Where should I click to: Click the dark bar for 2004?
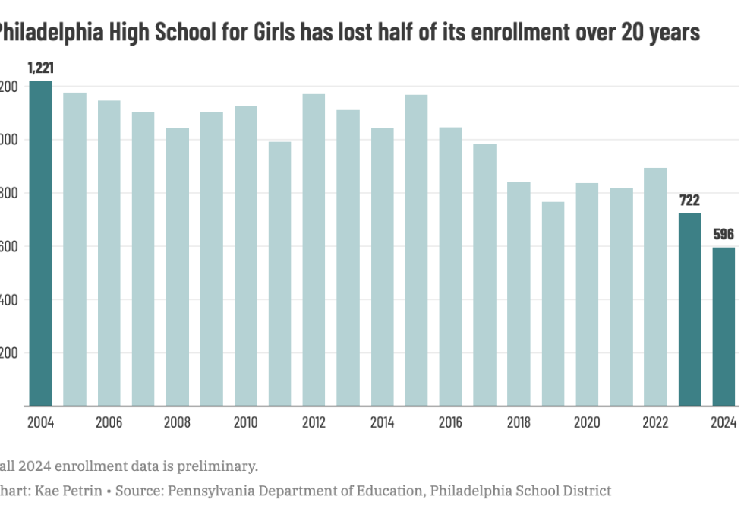click(x=40, y=243)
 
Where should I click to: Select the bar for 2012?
click(x=314, y=250)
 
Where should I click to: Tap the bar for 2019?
click(x=553, y=304)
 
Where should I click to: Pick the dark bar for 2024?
click(x=724, y=327)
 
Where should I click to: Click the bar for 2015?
click(x=416, y=250)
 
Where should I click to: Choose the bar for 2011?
click(x=279, y=273)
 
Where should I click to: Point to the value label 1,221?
click(x=40, y=68)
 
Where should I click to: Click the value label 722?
click(x=689, y=201)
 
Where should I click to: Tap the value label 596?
click(x=724, y=235)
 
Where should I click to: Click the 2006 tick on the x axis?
click(x=109, y=422)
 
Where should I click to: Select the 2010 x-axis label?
click(x=245, y=422)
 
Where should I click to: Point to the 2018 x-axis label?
click(x=519, y=422)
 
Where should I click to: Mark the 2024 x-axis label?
click(x=724, y=422)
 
